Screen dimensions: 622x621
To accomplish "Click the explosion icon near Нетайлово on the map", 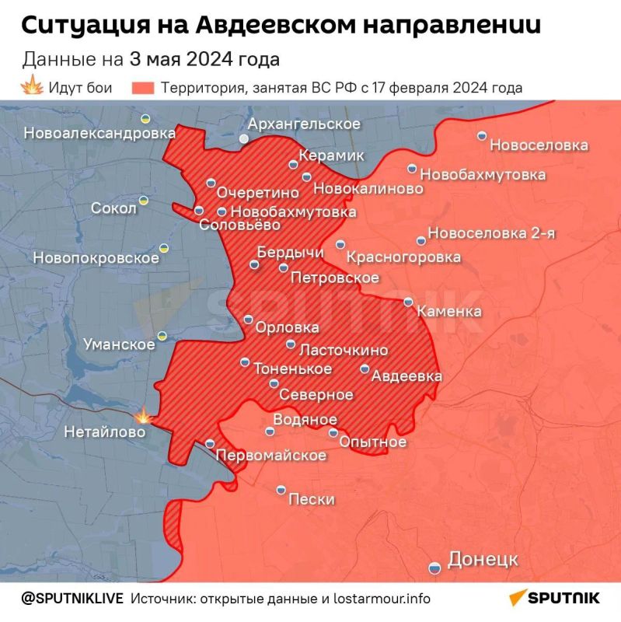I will click(x=142, y=416).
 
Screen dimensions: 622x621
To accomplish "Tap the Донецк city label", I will click(x=483, y=559).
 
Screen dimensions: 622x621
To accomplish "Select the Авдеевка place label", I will click(x=406, y=376).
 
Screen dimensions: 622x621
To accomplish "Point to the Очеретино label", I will click(x=258, y=190).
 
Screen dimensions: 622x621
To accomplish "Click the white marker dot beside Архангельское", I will click(x=244, y=138).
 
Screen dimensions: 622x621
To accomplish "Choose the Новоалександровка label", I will click(x=99, y=133).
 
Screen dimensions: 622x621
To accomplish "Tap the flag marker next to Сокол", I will click(x=144, y=201).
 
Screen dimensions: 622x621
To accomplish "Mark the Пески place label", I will click(x=311, y=499).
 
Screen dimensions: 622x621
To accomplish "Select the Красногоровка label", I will click(x=403, y=257).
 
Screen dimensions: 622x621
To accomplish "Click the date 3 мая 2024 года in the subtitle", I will click(x=204, y=59).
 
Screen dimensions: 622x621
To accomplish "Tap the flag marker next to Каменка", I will click(x=409, y=302).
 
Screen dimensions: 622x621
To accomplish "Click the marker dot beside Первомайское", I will click(x=210, y=443).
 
